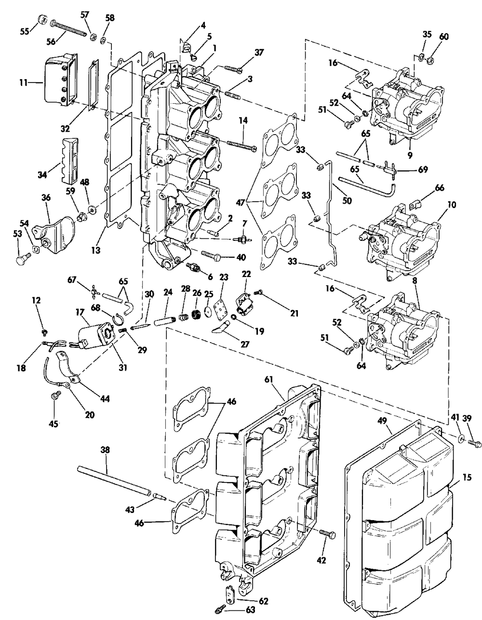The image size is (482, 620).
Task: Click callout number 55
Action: [x=25, y=31]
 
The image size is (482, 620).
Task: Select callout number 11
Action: [x=24, y=83]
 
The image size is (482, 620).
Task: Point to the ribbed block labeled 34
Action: [x=70, y=161]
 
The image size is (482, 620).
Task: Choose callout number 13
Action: [x=96, y=250]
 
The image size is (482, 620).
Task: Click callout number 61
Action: [x=269, y=379]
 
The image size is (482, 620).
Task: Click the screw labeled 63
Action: [x=220, y=610]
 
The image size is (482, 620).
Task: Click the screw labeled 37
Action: [x=233, y=68]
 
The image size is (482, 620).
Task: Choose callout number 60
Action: [x=444, y=37]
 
